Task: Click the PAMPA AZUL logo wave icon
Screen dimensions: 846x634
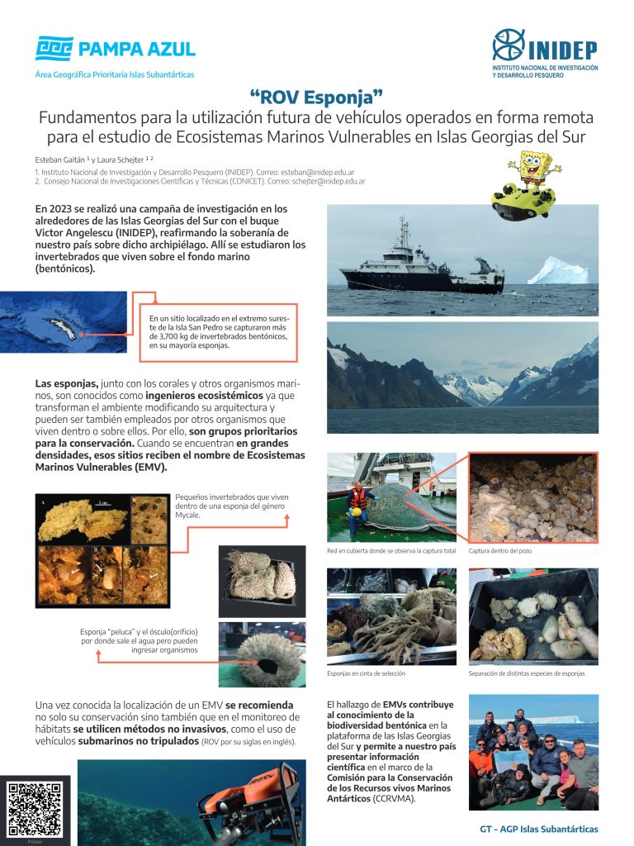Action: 54,49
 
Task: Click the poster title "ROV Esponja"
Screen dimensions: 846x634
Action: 317,97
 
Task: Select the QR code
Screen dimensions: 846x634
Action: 35,810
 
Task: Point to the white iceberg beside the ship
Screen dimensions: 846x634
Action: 559,270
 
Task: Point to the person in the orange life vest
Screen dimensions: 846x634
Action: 358,500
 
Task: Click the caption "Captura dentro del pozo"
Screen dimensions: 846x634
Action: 504,550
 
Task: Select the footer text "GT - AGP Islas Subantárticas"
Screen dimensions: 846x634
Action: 538,829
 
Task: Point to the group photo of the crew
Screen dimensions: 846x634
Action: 533,752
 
